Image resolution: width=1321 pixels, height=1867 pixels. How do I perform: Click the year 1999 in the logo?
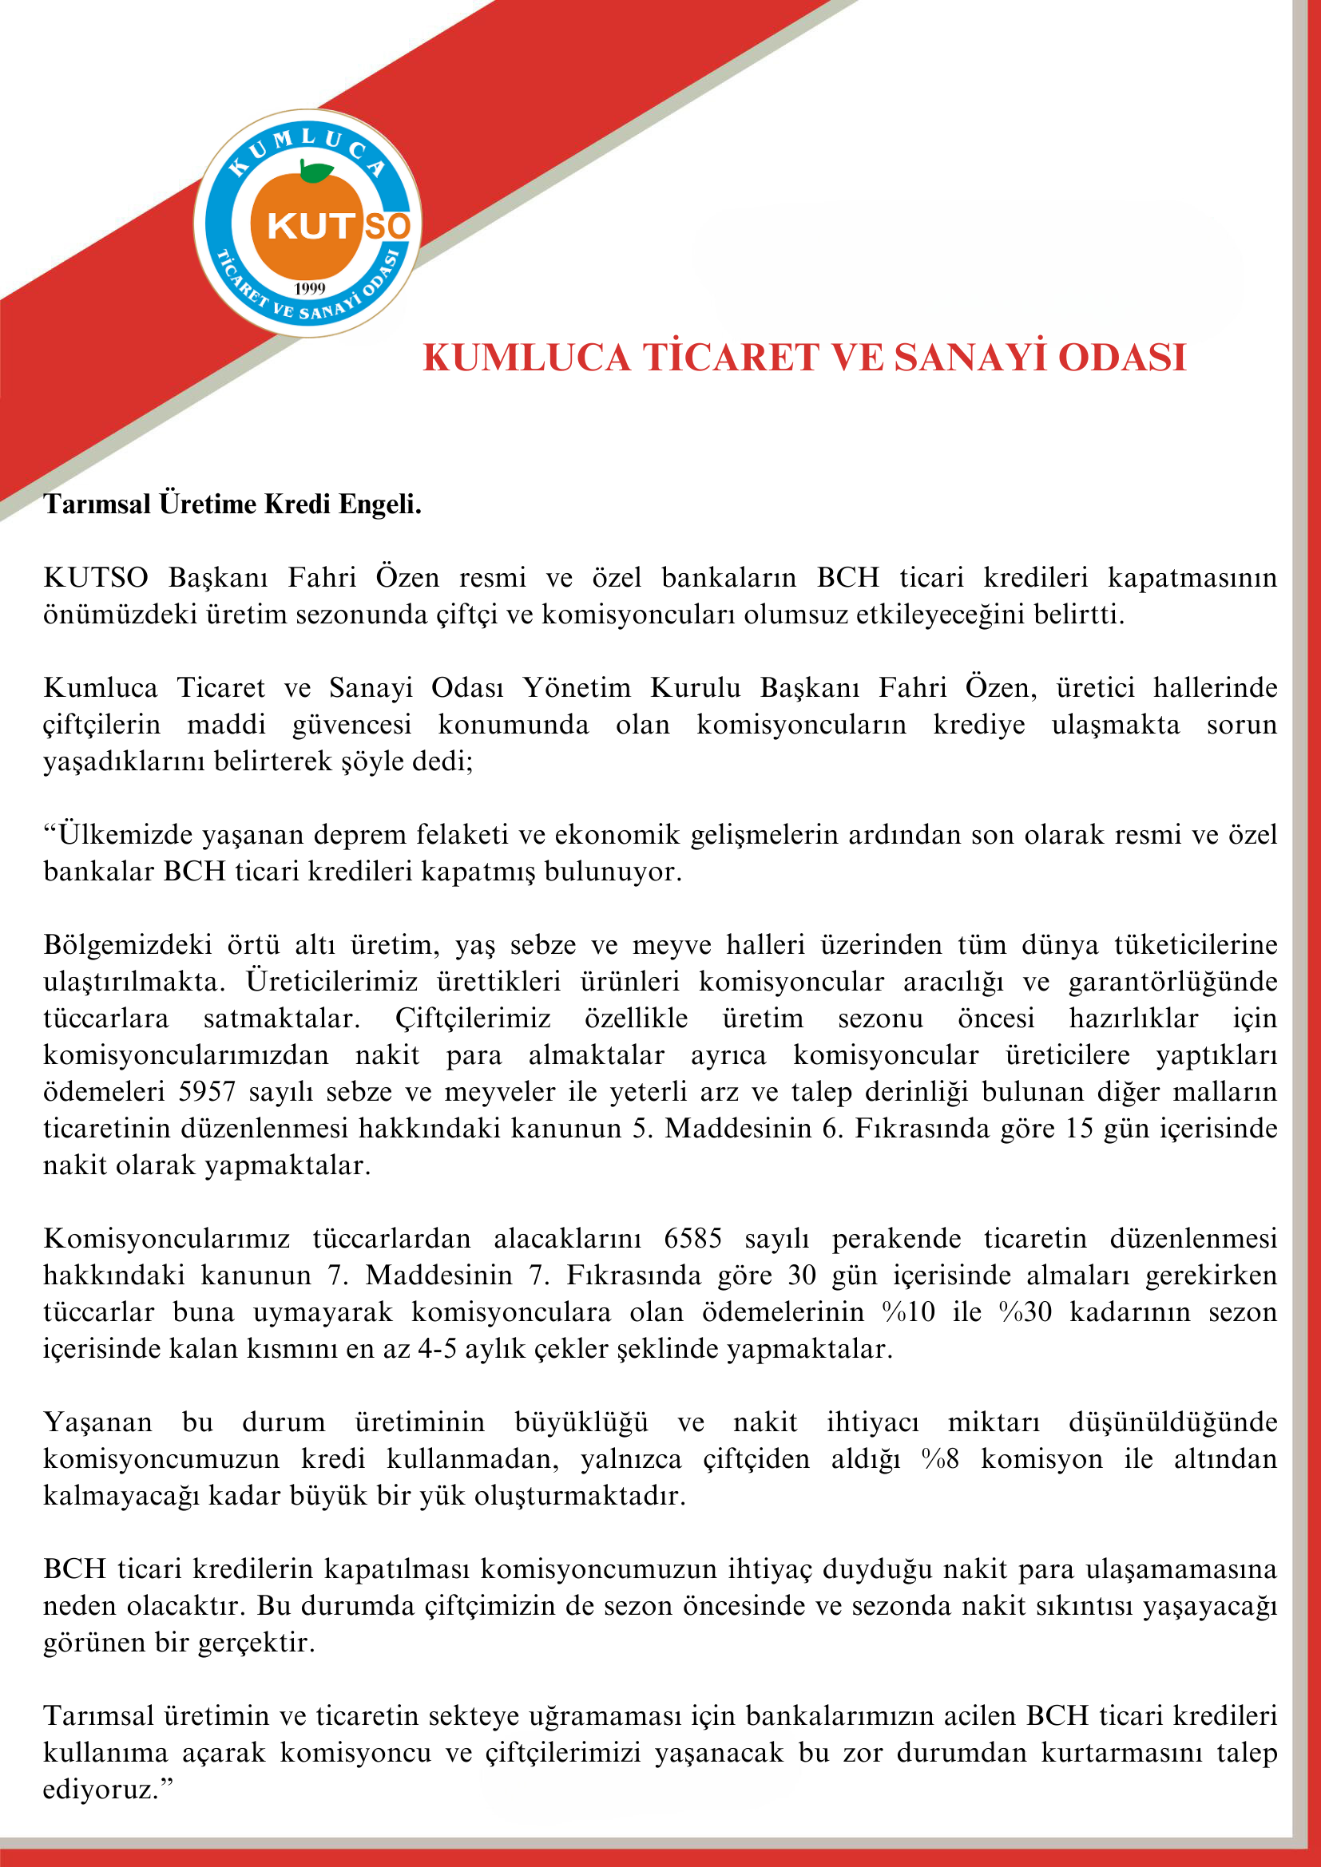click(x=310, y=288)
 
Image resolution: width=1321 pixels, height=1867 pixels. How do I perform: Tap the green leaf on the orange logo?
click(x=315, y=172)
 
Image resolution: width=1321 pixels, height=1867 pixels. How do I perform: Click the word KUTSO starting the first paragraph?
click(x=95, y=577)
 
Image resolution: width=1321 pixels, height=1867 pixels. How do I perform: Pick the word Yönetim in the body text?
click(x=576, y=688)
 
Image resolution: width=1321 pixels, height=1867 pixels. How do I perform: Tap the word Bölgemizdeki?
click(x=128, y=945)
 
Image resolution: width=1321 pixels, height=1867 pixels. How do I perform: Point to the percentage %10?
click(x=909, y=1311)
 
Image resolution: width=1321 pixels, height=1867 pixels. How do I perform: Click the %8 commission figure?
click(x=940, y=1459)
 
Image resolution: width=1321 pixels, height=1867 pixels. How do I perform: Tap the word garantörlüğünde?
click(x=1173, y=982)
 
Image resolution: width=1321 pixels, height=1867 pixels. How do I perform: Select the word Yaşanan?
click(x=97, y=1422)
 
